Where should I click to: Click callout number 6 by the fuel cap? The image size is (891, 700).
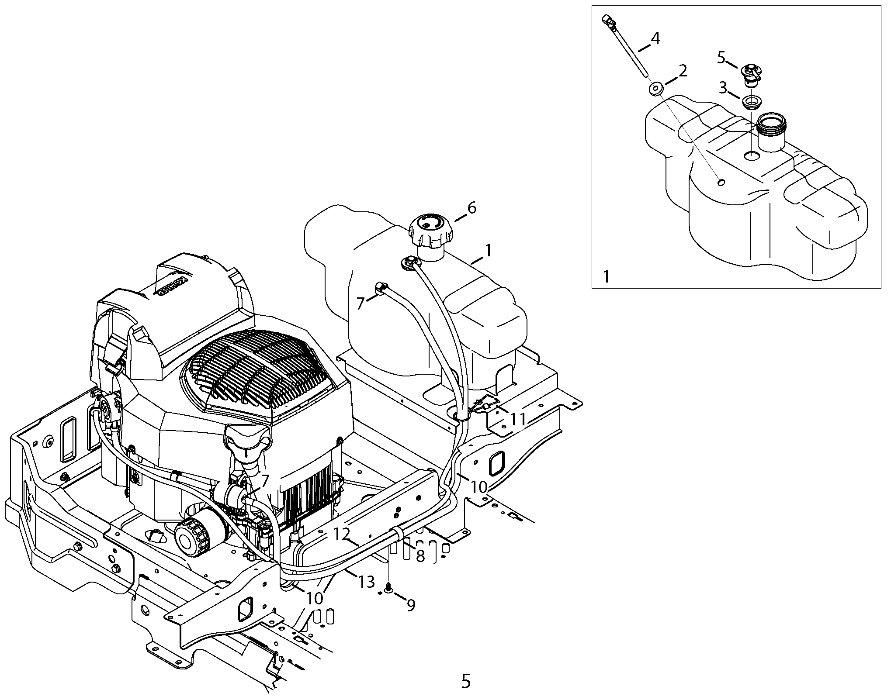pyautogui.click(x=472, y=208)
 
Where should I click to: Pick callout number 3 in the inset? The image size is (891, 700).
pyautogui.click(x=723, y=88)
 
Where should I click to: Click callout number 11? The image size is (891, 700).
pyautogui.click(x=518, y=420)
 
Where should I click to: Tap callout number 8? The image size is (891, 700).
pyautogui.click(x=420, y=556)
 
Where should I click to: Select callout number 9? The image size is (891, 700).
pyautogui.click(x=411, y=605)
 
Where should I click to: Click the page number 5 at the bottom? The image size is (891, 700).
pyautogui.click(x=466, y=680)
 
